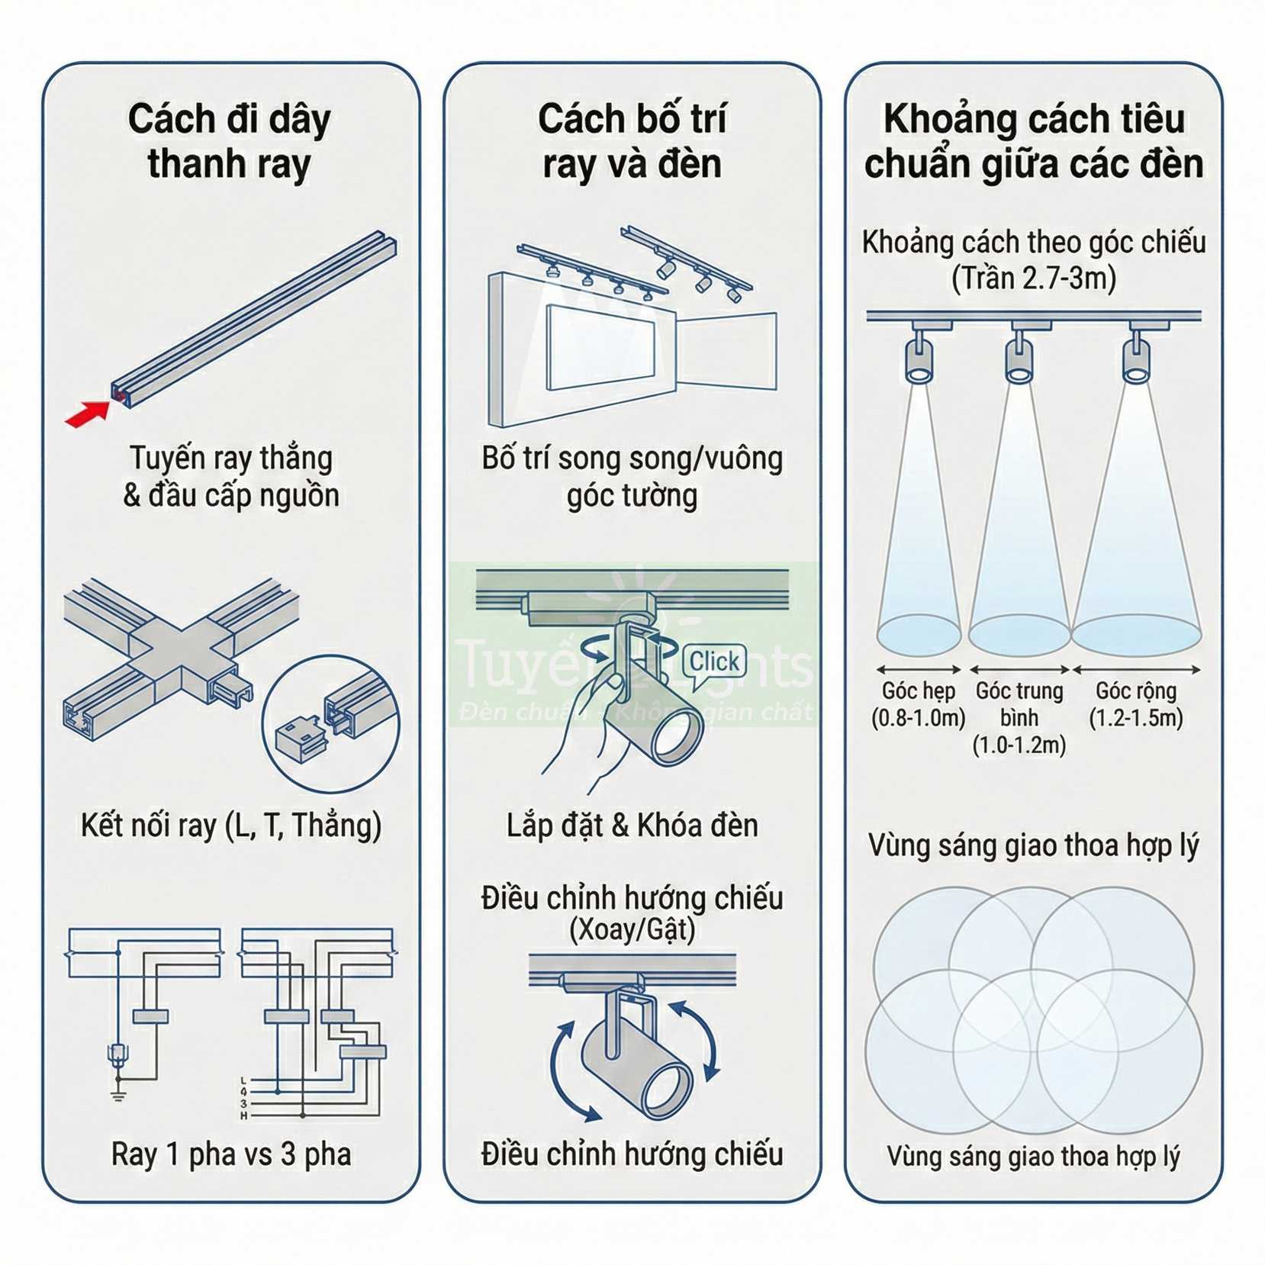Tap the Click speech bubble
pos(713,661)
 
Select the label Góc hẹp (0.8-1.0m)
pos(918,704)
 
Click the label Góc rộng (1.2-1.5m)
pos(1135,704)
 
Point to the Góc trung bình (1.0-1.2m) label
pos(1019,717)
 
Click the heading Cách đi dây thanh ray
pos(230,141)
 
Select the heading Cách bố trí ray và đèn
pos(632,141)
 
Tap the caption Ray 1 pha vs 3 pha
pos(231,1154)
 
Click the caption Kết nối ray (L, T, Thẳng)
pos(231,826)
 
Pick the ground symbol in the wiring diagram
pos(118,1096)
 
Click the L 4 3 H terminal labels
pos(244,1098)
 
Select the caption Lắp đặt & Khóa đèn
pos(632,826)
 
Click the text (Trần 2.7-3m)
pos(1034,278)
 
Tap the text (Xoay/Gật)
pos(632,929)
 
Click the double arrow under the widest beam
pos(1136,670)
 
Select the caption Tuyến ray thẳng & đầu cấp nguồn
pos(231,476)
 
